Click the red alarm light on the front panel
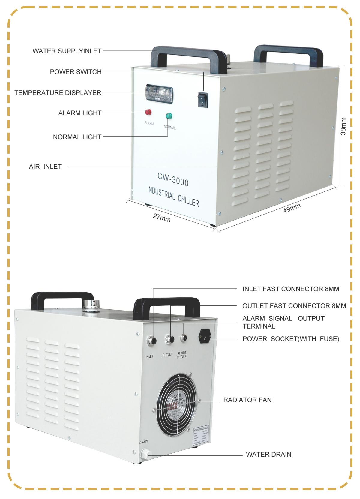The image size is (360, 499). (148, 112)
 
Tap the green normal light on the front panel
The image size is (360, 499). (169, 116)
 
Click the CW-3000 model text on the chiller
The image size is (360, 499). (173, 179)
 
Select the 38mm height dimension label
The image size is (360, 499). (344, 126)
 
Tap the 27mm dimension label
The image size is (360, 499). (162, 217)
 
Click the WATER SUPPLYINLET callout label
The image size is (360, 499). (67, 51)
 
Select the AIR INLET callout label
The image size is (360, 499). (45, 167)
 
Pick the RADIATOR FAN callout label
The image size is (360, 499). (247, 400)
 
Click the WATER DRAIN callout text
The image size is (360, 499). (268, 455)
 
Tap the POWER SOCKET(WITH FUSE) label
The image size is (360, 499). (291, 339)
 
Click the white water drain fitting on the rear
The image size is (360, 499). (145, 454)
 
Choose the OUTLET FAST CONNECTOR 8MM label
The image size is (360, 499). (294, 306)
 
